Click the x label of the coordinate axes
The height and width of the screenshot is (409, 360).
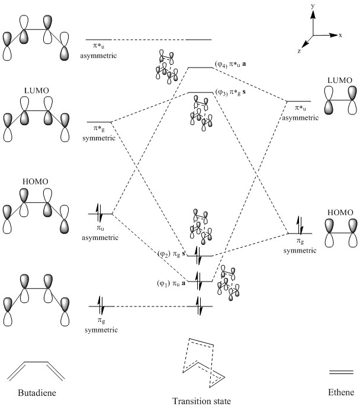coord(341,35)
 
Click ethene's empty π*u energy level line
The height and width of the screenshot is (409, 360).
coord(299,102)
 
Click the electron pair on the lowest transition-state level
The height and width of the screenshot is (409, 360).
coord(200,306)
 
